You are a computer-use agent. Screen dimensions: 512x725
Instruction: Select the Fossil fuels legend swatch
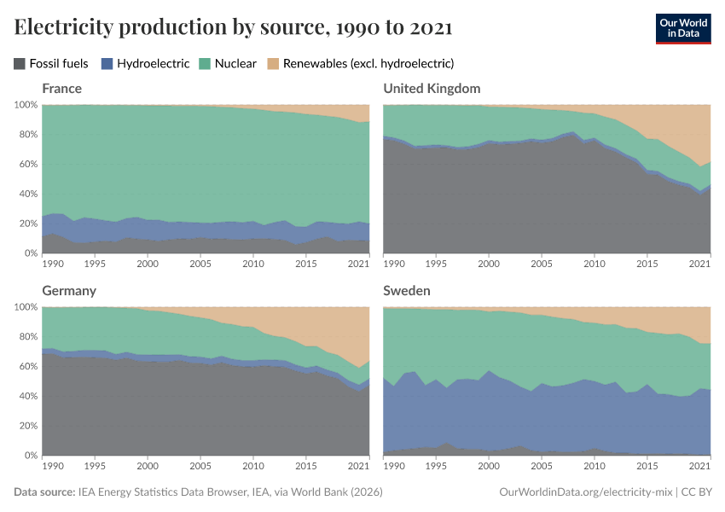[x=20, y=63]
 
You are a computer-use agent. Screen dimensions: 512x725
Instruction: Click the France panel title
[x=62, y=89]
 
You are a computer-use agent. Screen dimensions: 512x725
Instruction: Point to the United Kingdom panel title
[x=432, y=89]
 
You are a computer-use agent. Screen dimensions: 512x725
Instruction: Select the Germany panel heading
[x=69, y=291]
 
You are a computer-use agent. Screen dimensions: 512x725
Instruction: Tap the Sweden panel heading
[x=407, y=291]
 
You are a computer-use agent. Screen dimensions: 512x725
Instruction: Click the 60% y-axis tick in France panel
[x=26, y=164]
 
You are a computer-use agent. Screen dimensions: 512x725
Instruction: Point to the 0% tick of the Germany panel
[x=30, y=456]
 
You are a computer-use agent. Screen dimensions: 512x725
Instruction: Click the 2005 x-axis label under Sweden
[x=542, y=467]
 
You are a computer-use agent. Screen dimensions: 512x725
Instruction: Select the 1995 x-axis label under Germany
[x=95, y=467]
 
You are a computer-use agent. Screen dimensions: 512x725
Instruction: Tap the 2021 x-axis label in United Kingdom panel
[x=699, y=265]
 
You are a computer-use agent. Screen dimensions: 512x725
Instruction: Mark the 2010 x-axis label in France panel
[x=253, y=265]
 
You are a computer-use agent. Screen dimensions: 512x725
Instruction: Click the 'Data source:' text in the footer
[x=43, y=492]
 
